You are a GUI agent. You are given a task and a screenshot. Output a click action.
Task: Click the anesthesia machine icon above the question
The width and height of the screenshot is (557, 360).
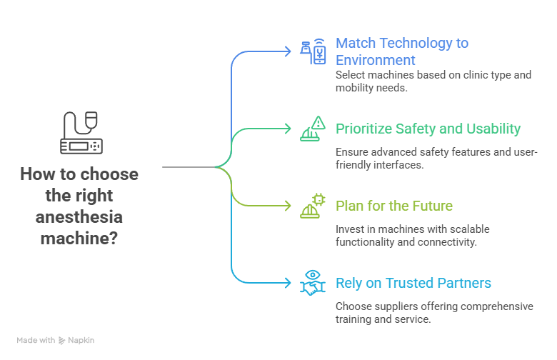(x=81, y=133)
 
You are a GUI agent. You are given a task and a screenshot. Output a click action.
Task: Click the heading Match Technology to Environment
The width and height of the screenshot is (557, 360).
(x=402, y=51)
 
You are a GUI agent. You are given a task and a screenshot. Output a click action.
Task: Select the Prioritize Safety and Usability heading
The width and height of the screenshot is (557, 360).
(x=428, y=129)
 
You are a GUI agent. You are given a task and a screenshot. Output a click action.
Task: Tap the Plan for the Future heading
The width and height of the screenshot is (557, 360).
(x=394, y=206)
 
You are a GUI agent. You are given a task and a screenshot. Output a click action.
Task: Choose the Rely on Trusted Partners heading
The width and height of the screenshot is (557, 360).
(x=413, y=283)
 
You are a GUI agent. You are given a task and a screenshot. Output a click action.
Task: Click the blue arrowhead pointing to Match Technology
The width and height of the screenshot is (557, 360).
(x=287, y=51)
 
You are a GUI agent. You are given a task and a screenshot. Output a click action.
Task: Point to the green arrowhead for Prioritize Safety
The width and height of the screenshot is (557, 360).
(x=287, y=129)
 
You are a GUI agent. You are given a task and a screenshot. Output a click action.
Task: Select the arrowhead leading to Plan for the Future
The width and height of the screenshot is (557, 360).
(x=287, y=206)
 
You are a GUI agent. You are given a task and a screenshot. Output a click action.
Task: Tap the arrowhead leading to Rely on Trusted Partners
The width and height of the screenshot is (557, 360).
(x=287, y=283)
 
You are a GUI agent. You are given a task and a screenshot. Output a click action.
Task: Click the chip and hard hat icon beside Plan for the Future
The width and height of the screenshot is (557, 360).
(x=313, y=206)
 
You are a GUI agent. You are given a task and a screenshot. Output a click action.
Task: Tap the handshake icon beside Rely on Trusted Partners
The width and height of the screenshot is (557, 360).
(x=313, y=283)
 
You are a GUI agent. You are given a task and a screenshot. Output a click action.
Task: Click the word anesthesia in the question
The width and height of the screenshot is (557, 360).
(x=79, y=216)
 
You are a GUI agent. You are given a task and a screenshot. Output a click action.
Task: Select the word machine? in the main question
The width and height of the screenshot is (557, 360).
(x=79, y=238)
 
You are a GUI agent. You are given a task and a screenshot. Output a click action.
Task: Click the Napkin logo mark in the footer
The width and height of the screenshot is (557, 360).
(x=62, y=341)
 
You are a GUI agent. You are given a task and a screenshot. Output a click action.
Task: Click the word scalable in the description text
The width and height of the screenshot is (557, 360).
(x=470, y=229)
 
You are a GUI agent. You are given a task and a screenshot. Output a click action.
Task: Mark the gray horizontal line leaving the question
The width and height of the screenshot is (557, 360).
(x=189, y=167)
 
